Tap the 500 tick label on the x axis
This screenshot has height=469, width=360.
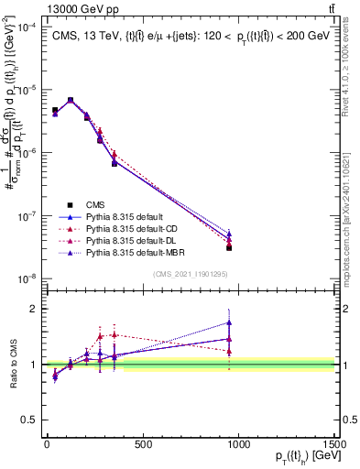(x=143, y=445)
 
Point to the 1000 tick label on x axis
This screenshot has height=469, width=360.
(x=238, y=445)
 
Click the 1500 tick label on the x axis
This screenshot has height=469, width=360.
(x=334, y=445)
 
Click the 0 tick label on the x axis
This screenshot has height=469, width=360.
(x=47, y=445)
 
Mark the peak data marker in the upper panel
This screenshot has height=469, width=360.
(x=71, y=100)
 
